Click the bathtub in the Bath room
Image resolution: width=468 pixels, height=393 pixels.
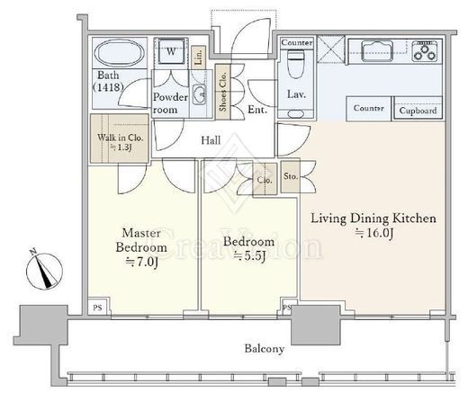(x=120, y=53)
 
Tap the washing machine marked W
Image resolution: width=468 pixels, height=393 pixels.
(x=171, y=51)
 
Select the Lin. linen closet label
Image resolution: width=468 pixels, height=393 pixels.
(x=199, y=58)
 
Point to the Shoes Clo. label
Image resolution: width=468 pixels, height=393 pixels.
(x=223, y=92)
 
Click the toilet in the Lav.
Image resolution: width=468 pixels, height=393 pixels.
(x=296, y=64)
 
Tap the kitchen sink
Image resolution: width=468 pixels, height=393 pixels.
(x=377, y=51)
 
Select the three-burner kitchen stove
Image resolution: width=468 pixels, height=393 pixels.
(x=425, y=51)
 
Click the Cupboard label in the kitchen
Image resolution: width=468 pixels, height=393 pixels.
(x=418, y=111)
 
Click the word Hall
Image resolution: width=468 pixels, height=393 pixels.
(x=211, y=140)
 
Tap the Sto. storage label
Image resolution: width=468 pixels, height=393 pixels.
(x=291, y=176)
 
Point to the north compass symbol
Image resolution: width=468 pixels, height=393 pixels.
(x=44, y=269)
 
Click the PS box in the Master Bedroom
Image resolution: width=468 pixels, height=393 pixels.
(x=97, y=307)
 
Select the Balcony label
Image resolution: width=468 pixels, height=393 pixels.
(x=265, y=349)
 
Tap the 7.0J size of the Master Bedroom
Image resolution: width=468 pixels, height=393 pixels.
(x=141, y=262)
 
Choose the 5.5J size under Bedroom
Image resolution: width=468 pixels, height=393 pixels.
(x=249, y=256)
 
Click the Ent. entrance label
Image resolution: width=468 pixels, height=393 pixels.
(x=257, y=110)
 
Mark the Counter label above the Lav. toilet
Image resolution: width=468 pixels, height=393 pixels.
(x=297, y=42)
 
